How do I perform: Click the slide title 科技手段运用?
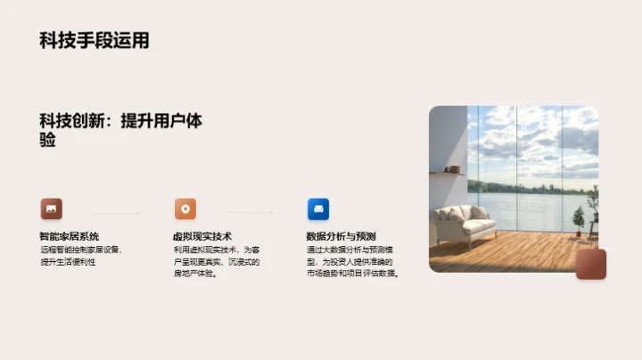[94, 40]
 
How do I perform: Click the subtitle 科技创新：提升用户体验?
[119, 130]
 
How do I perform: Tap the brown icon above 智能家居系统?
[51, 209]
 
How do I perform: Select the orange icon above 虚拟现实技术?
[185, 209]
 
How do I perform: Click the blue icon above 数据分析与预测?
[318, 209]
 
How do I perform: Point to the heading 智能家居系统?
[69, 236]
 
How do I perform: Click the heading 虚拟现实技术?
[202, 236]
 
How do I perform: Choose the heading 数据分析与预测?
[341, 236]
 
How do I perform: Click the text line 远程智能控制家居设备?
[80, 250]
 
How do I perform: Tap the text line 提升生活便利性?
[68, 262]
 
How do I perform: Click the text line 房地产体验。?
[195, 274]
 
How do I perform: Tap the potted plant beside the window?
[579, 219]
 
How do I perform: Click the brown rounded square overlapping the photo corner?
[590, 265]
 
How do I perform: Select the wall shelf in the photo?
[449, 173]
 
